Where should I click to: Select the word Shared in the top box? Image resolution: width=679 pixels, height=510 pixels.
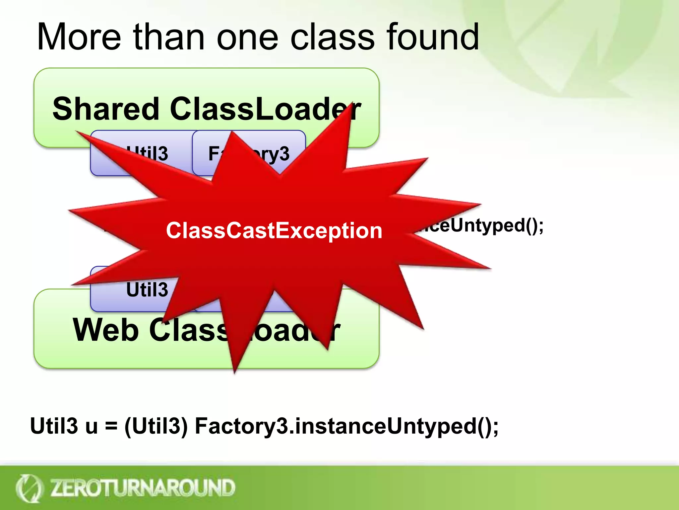click(106, 109)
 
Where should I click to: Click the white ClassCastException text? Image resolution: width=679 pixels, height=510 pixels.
click(274, 230)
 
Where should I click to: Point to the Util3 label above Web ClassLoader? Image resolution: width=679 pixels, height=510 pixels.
click(147, 289)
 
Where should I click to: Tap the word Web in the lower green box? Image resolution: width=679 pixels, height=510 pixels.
click(105, 330)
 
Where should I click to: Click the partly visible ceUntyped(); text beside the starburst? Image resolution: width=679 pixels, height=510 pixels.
click(481, 225)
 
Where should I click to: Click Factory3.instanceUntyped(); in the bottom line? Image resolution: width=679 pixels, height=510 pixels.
click(346, 426)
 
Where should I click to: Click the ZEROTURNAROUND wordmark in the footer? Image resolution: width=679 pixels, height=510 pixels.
click(143, 488)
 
